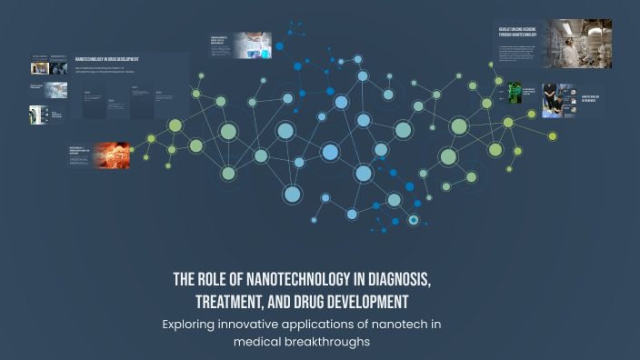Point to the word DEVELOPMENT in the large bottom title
point(367,301)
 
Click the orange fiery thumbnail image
point(112,155)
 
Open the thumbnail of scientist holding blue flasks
point(252,45)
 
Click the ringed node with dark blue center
point(414,220)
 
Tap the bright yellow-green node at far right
point(552,135)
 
